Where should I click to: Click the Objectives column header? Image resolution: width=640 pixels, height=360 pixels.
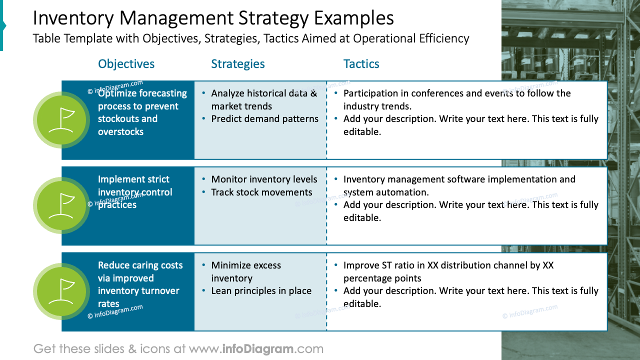point(126,64)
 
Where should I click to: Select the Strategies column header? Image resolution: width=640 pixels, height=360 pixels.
point(238,64)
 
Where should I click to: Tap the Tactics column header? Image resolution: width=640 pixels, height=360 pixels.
point(361,64)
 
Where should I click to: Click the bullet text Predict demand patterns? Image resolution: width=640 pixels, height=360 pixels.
point(264,119)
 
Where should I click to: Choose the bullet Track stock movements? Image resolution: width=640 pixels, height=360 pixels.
point(261,192)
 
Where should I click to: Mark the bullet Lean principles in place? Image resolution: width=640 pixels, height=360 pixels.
point(261,291)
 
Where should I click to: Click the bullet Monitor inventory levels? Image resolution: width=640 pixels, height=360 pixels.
point(264,179)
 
